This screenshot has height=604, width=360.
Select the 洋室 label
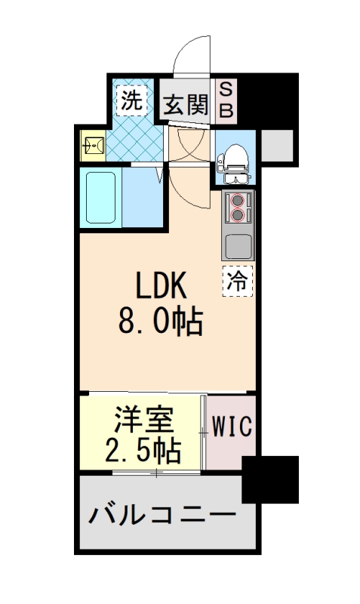[144, 421]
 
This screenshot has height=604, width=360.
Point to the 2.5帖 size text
[143, 451]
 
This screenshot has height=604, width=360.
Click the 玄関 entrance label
[185, 105]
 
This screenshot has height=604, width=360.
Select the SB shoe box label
[226, 100]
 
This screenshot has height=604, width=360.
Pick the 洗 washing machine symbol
[131, 103]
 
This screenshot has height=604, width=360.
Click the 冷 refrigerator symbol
[238, 281]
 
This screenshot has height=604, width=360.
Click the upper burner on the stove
[238, 202]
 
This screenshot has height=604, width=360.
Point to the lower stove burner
[238, 216]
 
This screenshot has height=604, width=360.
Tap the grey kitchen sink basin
[238, 246]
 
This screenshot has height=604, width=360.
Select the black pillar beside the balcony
[269, 479]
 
